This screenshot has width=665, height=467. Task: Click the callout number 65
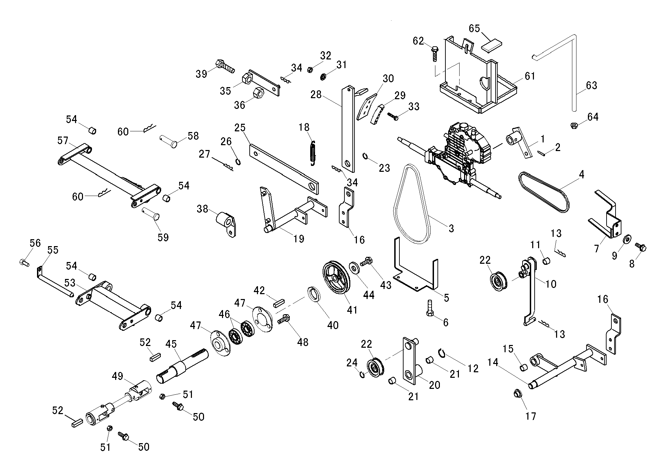pos(474,28)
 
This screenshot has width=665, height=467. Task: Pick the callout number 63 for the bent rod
pos(592,85)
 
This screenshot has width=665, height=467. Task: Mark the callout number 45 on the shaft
pos(171,344)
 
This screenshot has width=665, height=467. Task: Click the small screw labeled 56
pos(24,262)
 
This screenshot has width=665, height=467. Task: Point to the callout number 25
pos(240,128)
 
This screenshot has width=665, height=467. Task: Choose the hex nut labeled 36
pos(258,92)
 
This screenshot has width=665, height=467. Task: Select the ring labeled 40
pos(314,294)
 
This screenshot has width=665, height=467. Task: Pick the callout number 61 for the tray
pos(530,76)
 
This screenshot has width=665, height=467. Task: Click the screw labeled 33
pos(393,116)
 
